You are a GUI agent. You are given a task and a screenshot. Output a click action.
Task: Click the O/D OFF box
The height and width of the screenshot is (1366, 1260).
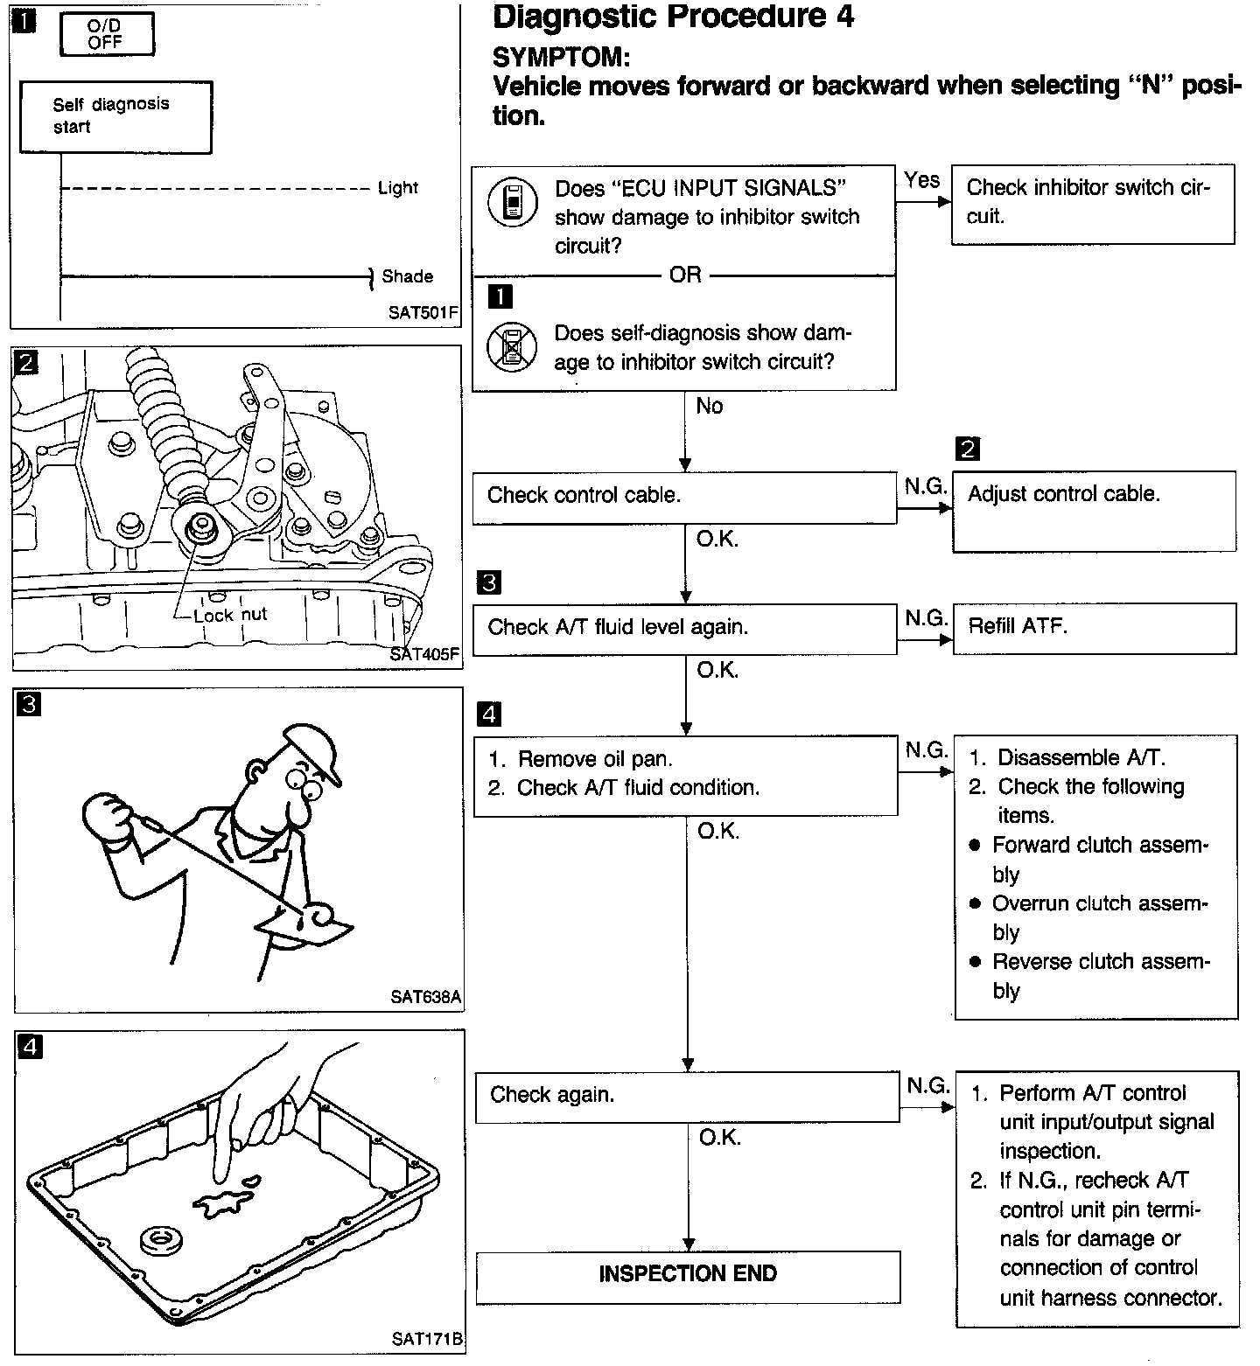[x=106, y=35]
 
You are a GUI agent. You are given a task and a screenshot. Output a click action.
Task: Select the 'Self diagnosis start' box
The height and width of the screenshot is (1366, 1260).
[x=115, y=116]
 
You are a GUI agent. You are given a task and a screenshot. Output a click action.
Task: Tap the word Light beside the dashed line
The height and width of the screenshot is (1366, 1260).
[x=398, y=188]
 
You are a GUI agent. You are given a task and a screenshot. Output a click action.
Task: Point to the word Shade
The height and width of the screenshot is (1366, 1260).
[x=407, y=276]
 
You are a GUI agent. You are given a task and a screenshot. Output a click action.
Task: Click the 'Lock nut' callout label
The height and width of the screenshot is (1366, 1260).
[x=230, y=615]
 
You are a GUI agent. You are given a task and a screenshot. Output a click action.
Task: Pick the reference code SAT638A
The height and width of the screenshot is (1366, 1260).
[x=425, y=996]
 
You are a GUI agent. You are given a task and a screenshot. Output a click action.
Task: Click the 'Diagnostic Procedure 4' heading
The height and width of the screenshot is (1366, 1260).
[x=674, y=17]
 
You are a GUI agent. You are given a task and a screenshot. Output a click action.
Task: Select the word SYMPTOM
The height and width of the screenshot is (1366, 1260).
[x=561, y=58]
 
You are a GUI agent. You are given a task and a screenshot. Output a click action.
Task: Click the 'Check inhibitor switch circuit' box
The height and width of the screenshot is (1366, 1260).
[x=1092, y=203]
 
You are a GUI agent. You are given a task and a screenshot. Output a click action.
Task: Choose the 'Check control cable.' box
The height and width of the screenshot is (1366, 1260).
[x=684, y=496]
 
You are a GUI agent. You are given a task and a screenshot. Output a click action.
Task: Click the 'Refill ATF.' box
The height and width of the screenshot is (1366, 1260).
[x=1094, y=627]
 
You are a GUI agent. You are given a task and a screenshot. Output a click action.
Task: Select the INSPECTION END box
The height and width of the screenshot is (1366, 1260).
[x=688, y=1275]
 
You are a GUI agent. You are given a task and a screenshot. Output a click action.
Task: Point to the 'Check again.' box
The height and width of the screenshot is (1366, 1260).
[x=687, y=1096]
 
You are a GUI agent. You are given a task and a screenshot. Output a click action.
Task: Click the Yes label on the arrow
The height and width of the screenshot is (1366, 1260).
[x=921, y=180]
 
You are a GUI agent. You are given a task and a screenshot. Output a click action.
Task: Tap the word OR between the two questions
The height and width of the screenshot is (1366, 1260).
[x=685, y=275]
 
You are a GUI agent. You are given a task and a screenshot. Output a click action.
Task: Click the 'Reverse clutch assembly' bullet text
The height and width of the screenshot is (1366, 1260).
[x=1100, y=975]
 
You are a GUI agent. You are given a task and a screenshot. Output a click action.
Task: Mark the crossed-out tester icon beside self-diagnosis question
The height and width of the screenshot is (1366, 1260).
[x=510, y=347]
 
